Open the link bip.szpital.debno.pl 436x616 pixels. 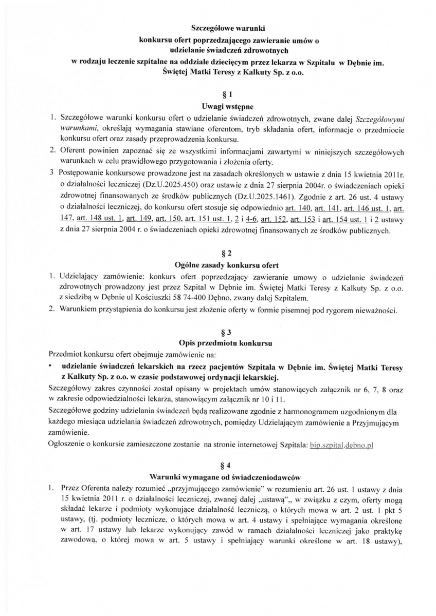[341, 445]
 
